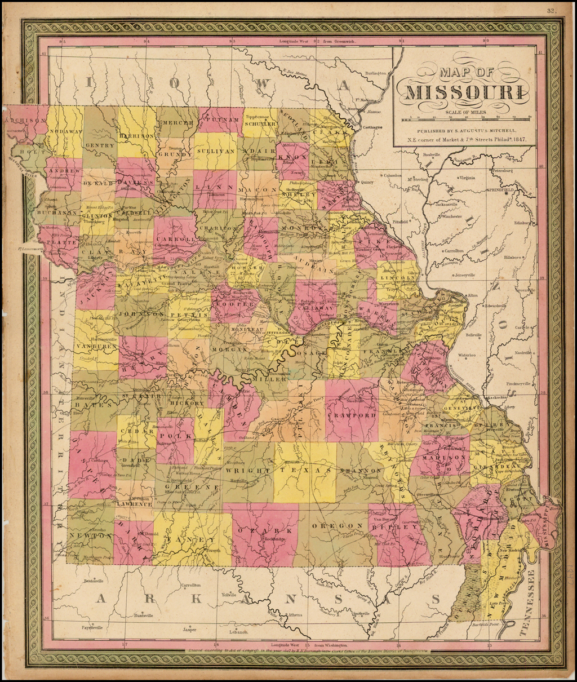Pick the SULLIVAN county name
pos(215,152)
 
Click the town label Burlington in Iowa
pos(375,73)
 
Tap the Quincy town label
pos(367,182)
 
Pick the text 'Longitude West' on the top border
pos(295,41)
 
